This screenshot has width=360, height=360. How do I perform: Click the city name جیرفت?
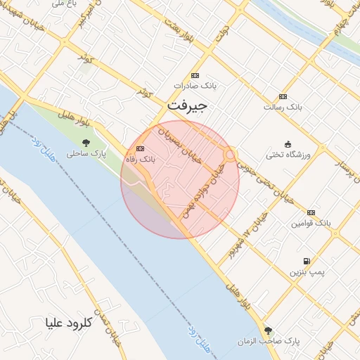point(188,107)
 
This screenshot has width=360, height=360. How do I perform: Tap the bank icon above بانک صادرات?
point(195,76)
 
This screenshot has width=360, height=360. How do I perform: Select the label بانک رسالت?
point(283,107)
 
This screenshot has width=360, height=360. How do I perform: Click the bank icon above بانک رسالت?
point(283,97)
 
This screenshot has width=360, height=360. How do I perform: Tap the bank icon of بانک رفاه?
point(139,149)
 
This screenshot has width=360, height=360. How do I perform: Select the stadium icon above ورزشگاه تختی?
point(288,143)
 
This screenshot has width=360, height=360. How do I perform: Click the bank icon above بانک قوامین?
point(310,212)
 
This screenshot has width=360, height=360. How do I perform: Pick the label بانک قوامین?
point(311,223)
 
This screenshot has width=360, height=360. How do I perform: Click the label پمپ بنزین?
point(307,271)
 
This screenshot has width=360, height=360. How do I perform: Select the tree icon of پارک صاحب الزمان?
point(267,330)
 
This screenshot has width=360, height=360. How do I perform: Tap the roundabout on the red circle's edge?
point(230,155)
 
